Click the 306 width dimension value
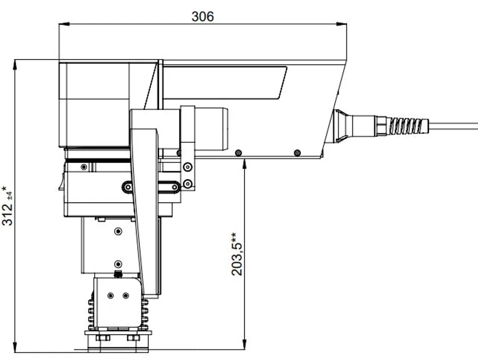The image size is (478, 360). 202,16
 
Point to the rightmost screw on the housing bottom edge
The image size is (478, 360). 297,153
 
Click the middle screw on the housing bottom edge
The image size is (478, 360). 238,152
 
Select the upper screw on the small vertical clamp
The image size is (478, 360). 188,167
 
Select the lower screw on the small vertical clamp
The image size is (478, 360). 188,183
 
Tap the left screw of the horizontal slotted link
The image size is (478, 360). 128,187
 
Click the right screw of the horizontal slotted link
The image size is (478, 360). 174,187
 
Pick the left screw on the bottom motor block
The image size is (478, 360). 110,295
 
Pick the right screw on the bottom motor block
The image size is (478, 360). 126,295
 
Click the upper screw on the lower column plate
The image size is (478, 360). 118,232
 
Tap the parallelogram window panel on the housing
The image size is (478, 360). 224,83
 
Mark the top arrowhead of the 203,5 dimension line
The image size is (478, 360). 245,162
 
